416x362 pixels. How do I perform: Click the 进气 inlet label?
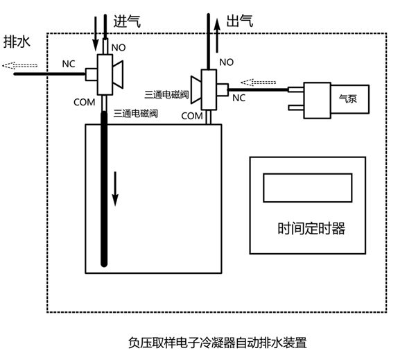click(x=126, y=21)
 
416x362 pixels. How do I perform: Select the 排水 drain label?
click(x=17, y=42)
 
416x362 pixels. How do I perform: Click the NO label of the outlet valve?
click(x=226, y=62)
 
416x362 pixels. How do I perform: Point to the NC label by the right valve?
click(x=239, y=98)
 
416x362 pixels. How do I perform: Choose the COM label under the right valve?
click(x=191, y=116)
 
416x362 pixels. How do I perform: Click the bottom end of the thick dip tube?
click(x=105, y=262)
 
